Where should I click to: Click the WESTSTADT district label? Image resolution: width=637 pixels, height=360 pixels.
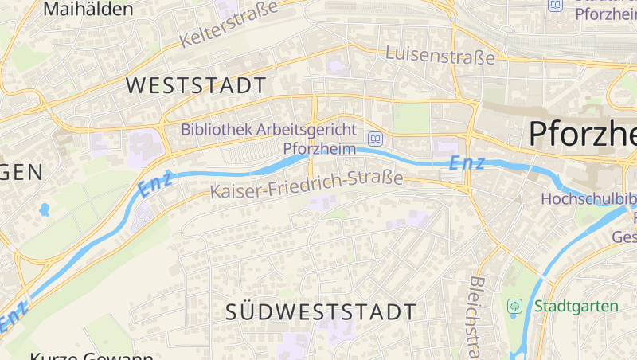coord(196,86)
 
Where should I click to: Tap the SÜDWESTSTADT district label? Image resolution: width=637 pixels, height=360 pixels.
coord(320,311)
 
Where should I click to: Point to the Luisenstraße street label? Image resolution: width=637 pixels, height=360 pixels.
coord(440,56)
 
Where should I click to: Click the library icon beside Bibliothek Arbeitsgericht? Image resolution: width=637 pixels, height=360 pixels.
coord(374,138)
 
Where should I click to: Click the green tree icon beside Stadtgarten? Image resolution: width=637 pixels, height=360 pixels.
coord(514,306)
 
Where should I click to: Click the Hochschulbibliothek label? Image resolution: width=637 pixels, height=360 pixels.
coord(589,199)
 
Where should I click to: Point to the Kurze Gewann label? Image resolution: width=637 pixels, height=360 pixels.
coord(92,355)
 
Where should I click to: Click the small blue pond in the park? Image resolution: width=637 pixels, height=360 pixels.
coord(44,210)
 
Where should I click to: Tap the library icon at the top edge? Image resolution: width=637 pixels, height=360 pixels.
coord(555,5)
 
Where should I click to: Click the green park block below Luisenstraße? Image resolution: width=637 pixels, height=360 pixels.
coord(411,118)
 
